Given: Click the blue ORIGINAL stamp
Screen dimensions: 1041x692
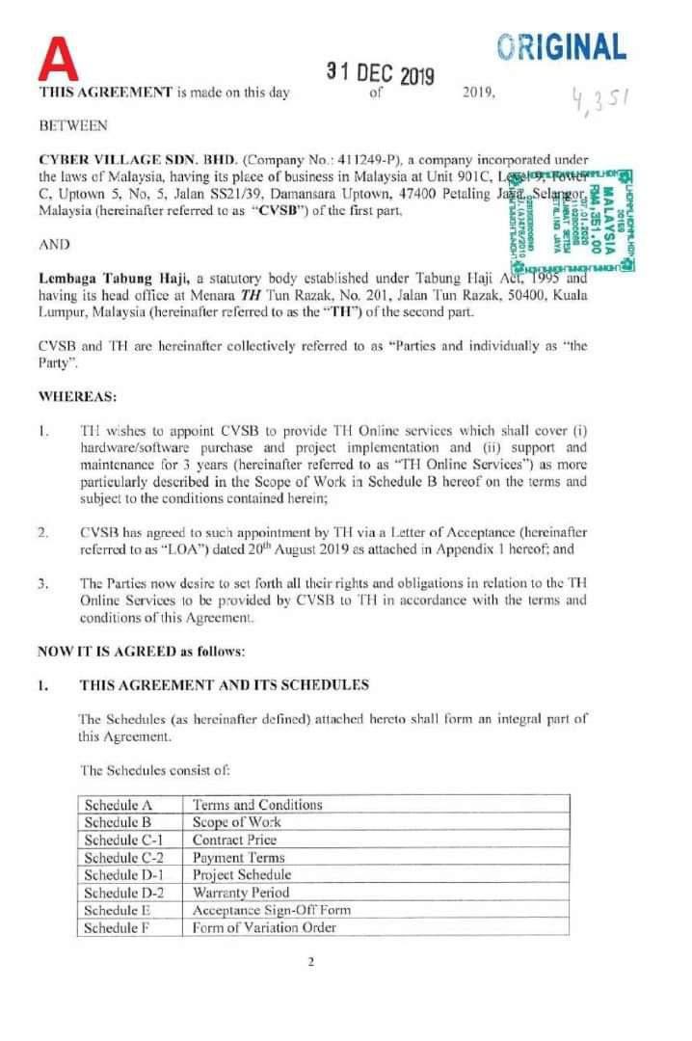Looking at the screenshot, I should pos(562,45).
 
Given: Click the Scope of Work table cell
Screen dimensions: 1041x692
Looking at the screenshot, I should pos(236,822).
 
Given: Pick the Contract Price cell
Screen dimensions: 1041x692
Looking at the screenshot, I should pos(234,840).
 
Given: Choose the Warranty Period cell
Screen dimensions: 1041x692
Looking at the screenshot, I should pos(241,892).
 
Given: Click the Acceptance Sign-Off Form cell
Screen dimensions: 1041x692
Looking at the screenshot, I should pos(272,909).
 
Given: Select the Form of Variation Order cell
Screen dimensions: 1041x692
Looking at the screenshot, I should pos(263,927).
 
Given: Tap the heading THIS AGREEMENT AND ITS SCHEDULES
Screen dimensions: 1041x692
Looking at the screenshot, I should pos(224,684).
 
